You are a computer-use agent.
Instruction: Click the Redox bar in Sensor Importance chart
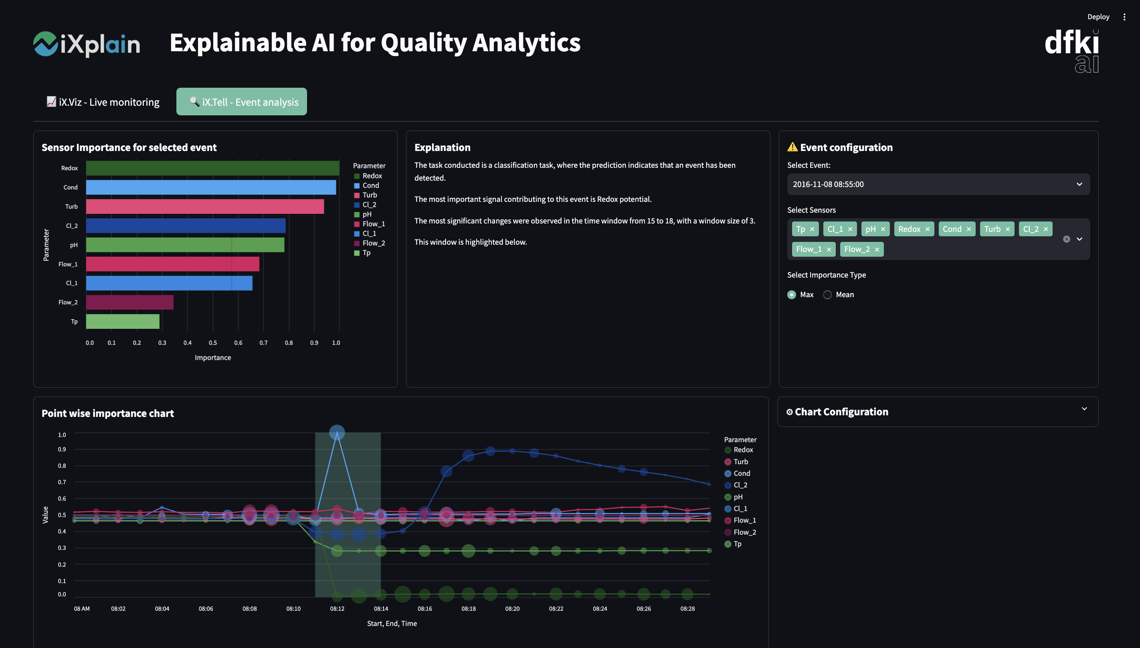pos(212,168)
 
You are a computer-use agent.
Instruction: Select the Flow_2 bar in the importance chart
pos(129,302)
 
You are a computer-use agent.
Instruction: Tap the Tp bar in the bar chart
pos(123,321)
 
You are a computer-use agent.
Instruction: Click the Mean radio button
pos(827,295)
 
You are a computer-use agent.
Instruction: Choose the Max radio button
pos(792,295)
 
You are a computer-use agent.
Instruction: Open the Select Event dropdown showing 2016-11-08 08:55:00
pos(938,184)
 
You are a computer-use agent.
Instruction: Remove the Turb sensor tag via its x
pos(1008,229)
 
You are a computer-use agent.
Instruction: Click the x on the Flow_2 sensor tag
pos(877,250)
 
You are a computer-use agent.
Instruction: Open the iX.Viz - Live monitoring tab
pos(103,102)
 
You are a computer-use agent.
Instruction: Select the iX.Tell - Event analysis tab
pos(241,102)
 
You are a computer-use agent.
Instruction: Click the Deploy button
pos(1098,17)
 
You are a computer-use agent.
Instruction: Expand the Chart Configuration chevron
pos(1084,409)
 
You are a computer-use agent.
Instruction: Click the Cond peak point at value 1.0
pos(337,432)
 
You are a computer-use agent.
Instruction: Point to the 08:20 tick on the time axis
pos(512,608)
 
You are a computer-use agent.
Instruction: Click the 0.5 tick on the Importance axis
pos(213,343)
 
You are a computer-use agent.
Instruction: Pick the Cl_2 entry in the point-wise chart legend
pos(740,485)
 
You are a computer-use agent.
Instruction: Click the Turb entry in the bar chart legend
pos(369,195)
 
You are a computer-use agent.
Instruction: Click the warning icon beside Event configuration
pos(792,147)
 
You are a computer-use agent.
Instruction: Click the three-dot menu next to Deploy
pos(1124,17)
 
